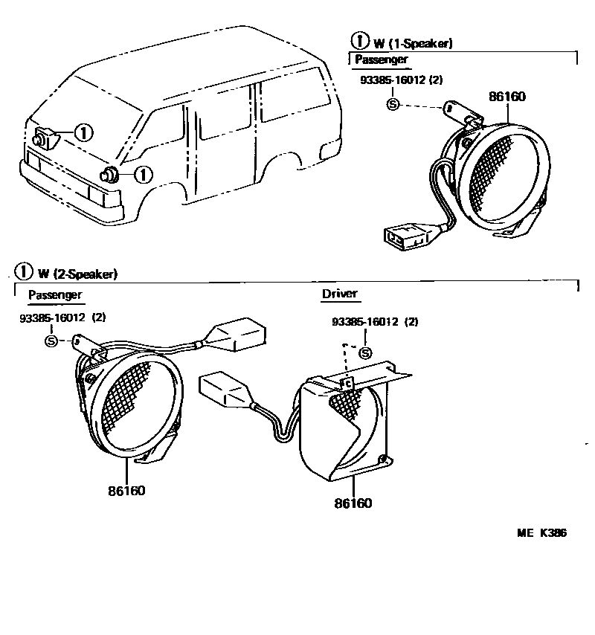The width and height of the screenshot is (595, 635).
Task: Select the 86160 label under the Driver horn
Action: [353, 503]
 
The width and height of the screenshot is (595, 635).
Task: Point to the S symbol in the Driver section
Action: [365, 352]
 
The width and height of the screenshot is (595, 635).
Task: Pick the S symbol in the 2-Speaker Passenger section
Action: [51, 340]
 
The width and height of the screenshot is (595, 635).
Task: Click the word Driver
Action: [339, 294]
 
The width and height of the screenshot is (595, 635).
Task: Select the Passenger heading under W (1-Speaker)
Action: [382, 59]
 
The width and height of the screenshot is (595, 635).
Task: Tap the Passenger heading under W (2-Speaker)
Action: [55, 295]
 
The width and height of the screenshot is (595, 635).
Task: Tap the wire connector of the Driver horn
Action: [228, 389]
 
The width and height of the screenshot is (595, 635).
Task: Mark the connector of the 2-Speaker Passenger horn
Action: [237, 335]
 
